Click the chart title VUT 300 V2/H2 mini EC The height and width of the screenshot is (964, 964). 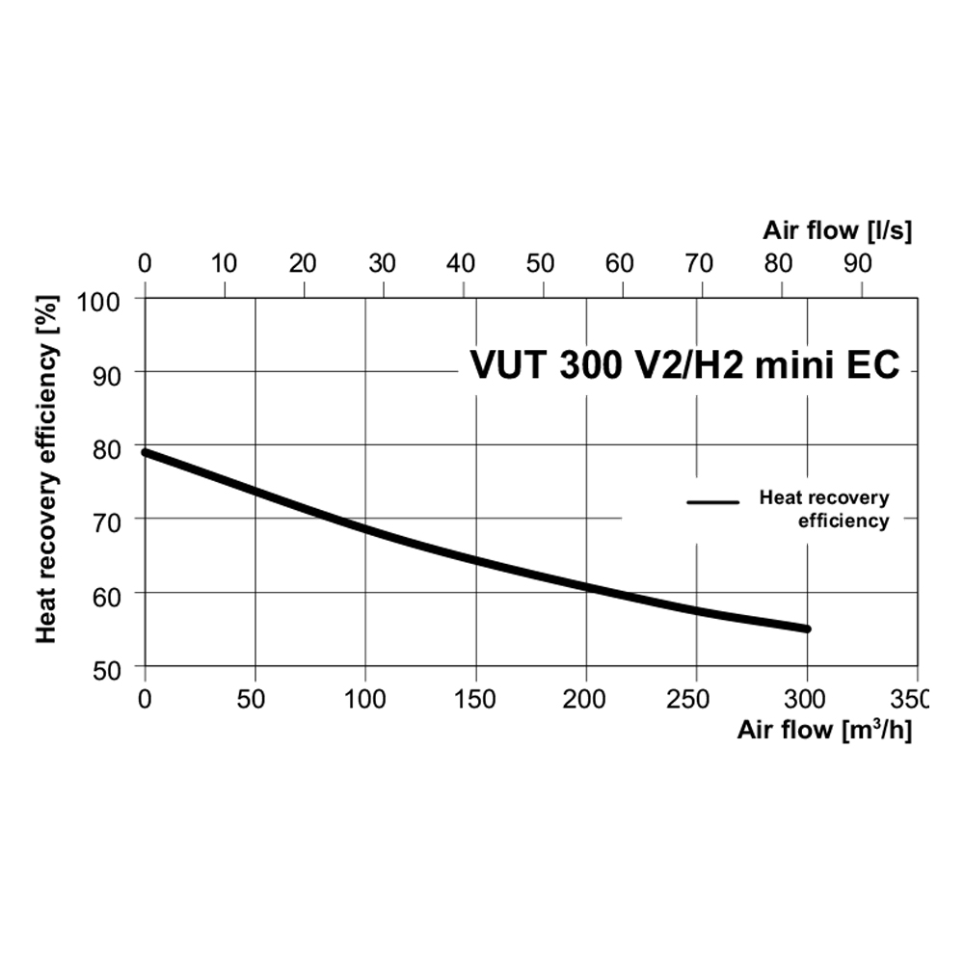[x=684, y=366]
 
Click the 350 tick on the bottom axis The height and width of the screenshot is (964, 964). [x=912, y=698]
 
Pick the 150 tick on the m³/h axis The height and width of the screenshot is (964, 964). [x=475, y=698]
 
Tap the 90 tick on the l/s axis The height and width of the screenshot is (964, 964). [x=859, y=262]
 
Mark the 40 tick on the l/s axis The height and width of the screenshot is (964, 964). [x=463, y=262]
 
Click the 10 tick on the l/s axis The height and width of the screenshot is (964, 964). [x=224, y=262]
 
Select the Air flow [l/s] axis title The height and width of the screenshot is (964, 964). [x=837, y=230]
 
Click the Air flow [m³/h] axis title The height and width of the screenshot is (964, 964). [x=824, y=729]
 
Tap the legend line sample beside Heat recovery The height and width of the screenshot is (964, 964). [x=712, y=502]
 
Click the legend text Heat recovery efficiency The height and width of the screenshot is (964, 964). [x=824, y=509]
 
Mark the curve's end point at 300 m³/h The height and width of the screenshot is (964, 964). [x=806, y=629]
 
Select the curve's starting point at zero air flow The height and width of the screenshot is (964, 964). [x=146, y=452]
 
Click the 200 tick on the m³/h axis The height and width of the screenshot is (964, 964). [x=586, y=698]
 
